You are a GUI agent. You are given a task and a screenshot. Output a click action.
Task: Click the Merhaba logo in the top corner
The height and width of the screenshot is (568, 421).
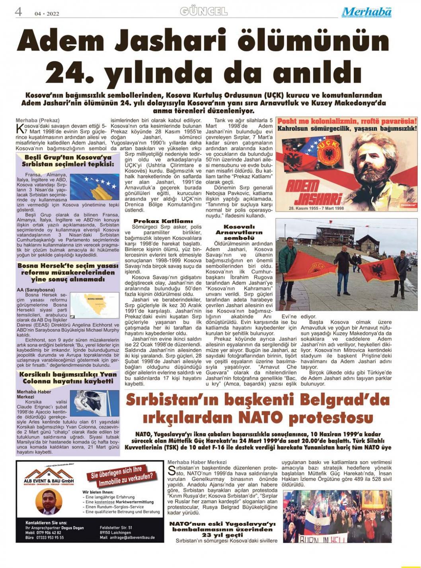366,12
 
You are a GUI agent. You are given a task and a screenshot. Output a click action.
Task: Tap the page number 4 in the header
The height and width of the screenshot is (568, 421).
18,12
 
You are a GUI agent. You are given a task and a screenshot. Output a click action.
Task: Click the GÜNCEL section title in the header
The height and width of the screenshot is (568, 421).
204,12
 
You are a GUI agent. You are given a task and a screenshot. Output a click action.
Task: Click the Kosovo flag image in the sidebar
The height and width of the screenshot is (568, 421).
94,187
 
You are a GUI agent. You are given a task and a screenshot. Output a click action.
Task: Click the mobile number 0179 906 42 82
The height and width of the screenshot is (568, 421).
48,533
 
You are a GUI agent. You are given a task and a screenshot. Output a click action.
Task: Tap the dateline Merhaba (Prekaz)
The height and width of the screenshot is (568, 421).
37,120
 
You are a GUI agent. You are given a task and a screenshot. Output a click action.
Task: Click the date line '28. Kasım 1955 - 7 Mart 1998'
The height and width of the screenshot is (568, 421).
316,208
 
